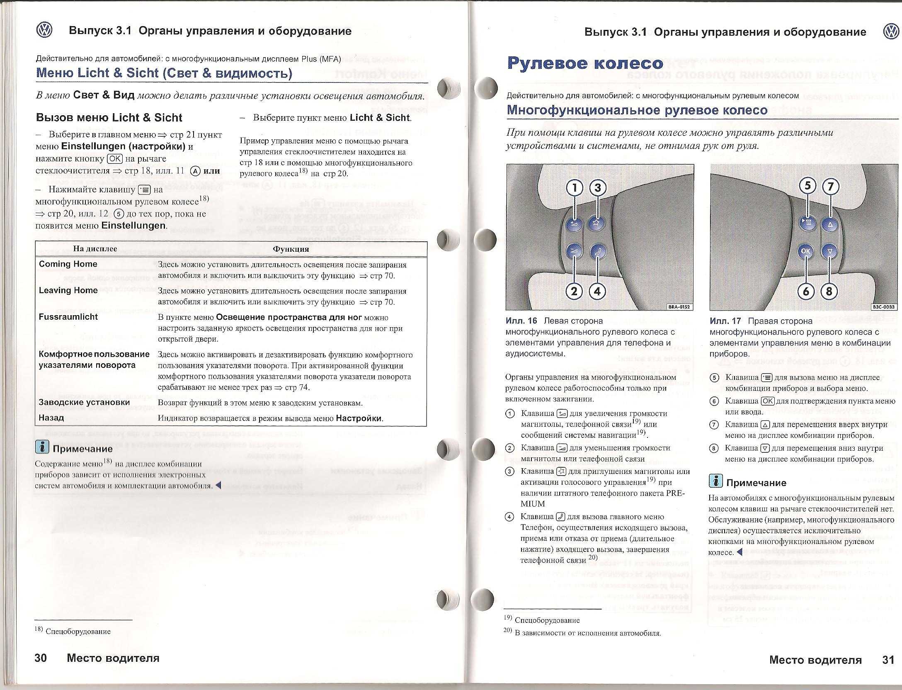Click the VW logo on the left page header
44,30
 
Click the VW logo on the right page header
890,32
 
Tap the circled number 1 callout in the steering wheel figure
575,188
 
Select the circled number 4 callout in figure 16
597,292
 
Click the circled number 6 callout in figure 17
806,292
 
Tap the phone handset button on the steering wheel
597,251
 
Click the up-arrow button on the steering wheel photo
829,225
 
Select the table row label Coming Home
68,264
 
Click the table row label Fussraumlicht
68,317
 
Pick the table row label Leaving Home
68,290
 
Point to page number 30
41,658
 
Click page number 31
888,660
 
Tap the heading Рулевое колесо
585,63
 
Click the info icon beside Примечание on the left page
42,447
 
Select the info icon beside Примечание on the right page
716,481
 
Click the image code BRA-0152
679,307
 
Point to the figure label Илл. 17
725,321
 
